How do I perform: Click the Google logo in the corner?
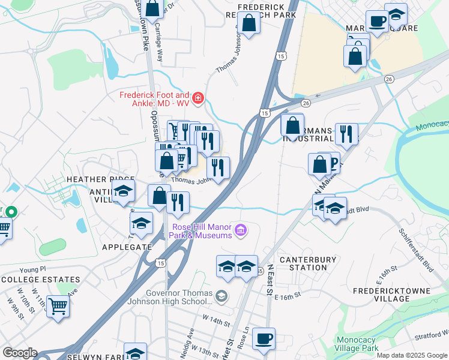pos(19,353)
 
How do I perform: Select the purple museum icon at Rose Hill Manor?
pos(240,230)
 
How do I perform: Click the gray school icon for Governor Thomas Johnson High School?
pos(221,296)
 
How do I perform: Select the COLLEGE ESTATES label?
pos(41,280)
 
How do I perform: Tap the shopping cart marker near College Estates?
pos(58,306)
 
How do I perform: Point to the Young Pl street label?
pos(32,269)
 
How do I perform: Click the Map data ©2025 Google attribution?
pos(411,355)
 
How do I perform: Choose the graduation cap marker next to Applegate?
pos(141,224)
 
